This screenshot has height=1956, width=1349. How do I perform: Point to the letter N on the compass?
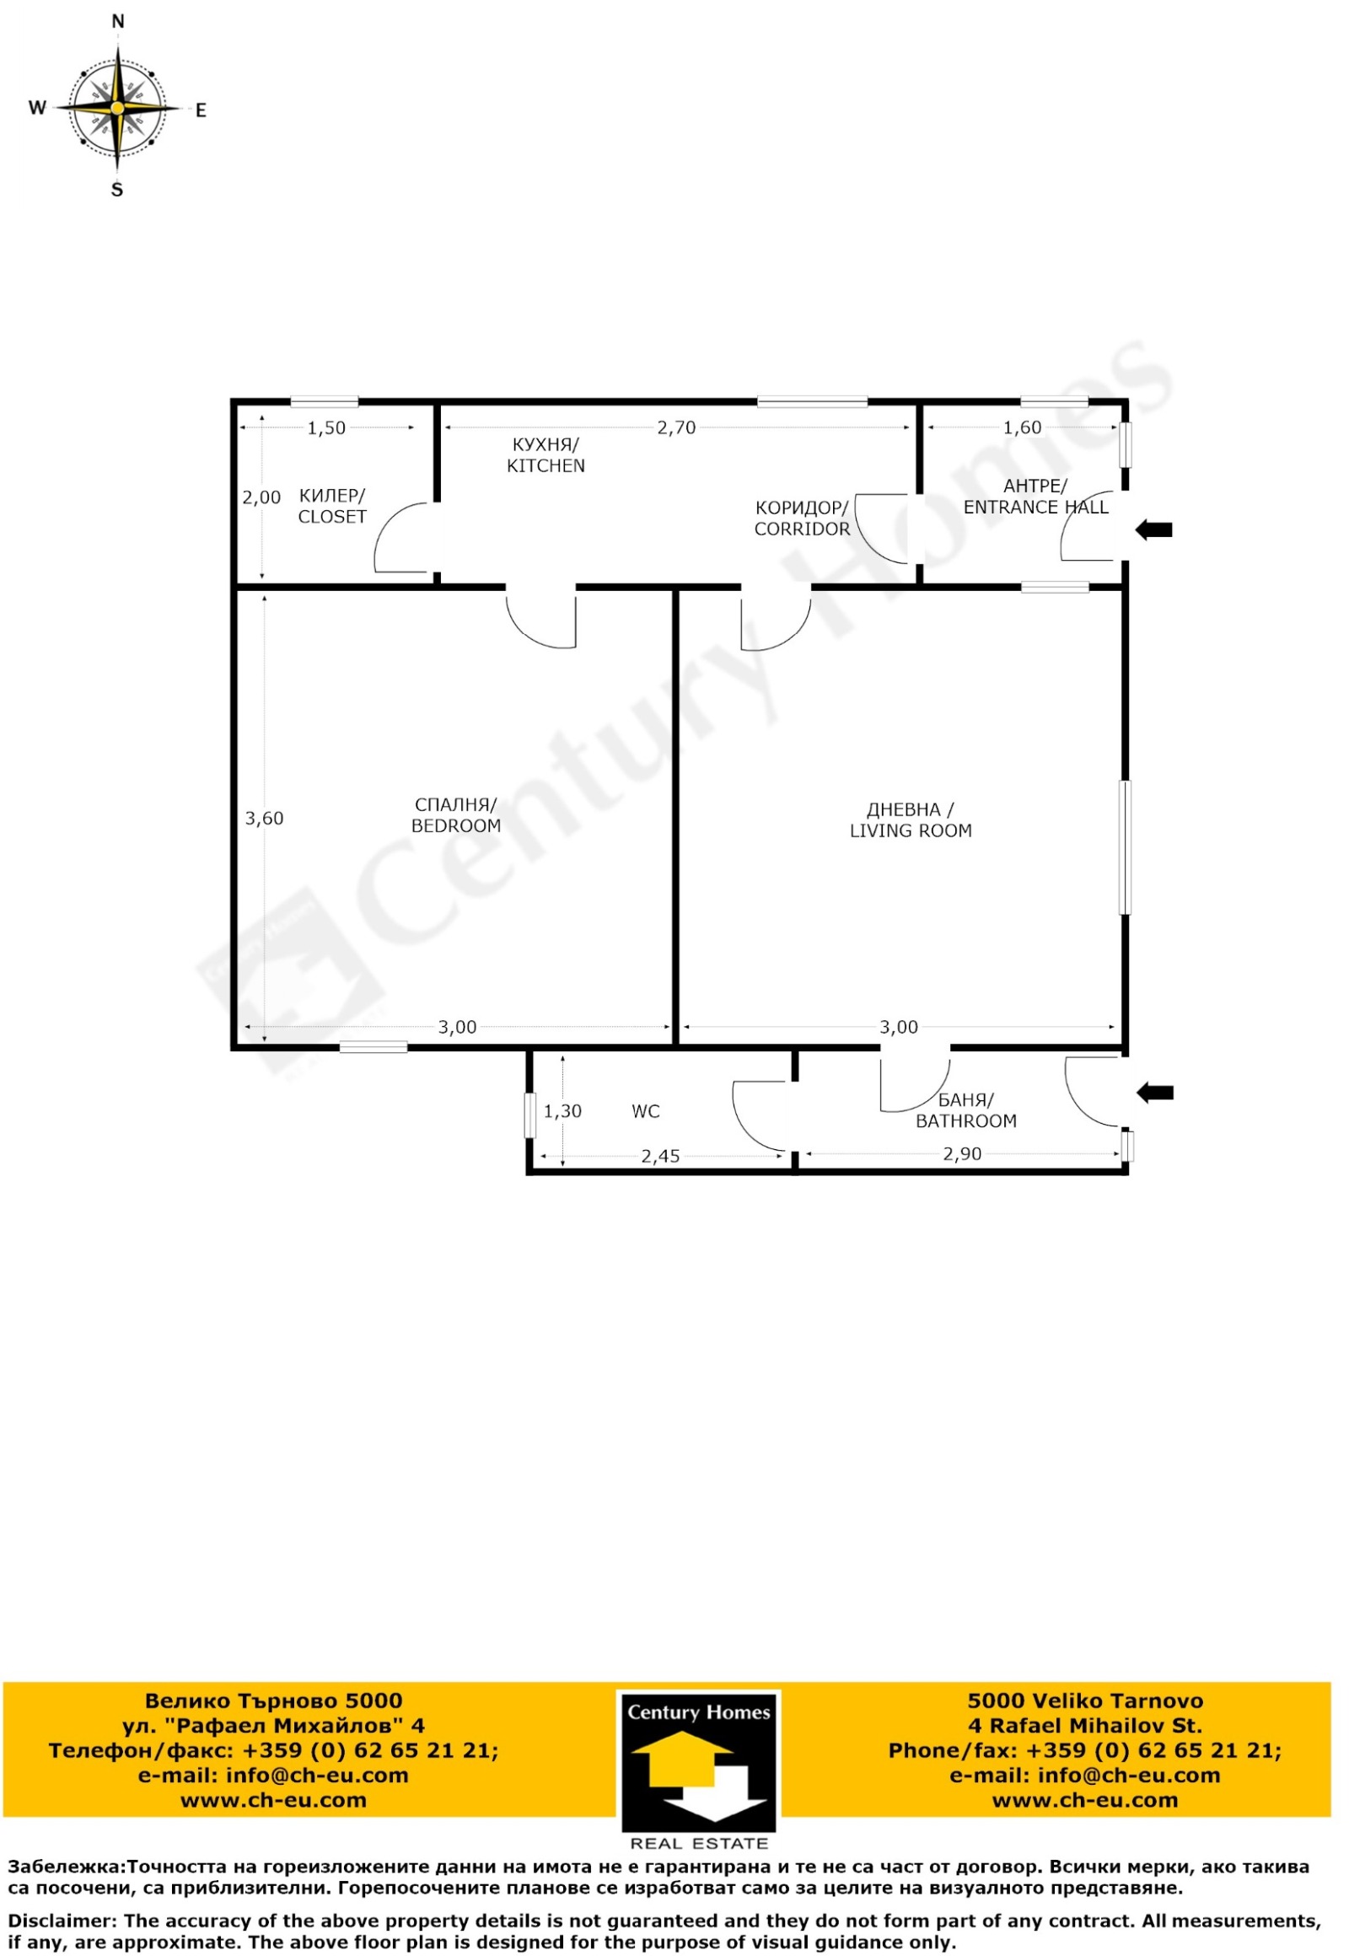(x=118, y=22)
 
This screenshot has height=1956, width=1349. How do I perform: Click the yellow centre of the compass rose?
(x=117, y=108)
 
